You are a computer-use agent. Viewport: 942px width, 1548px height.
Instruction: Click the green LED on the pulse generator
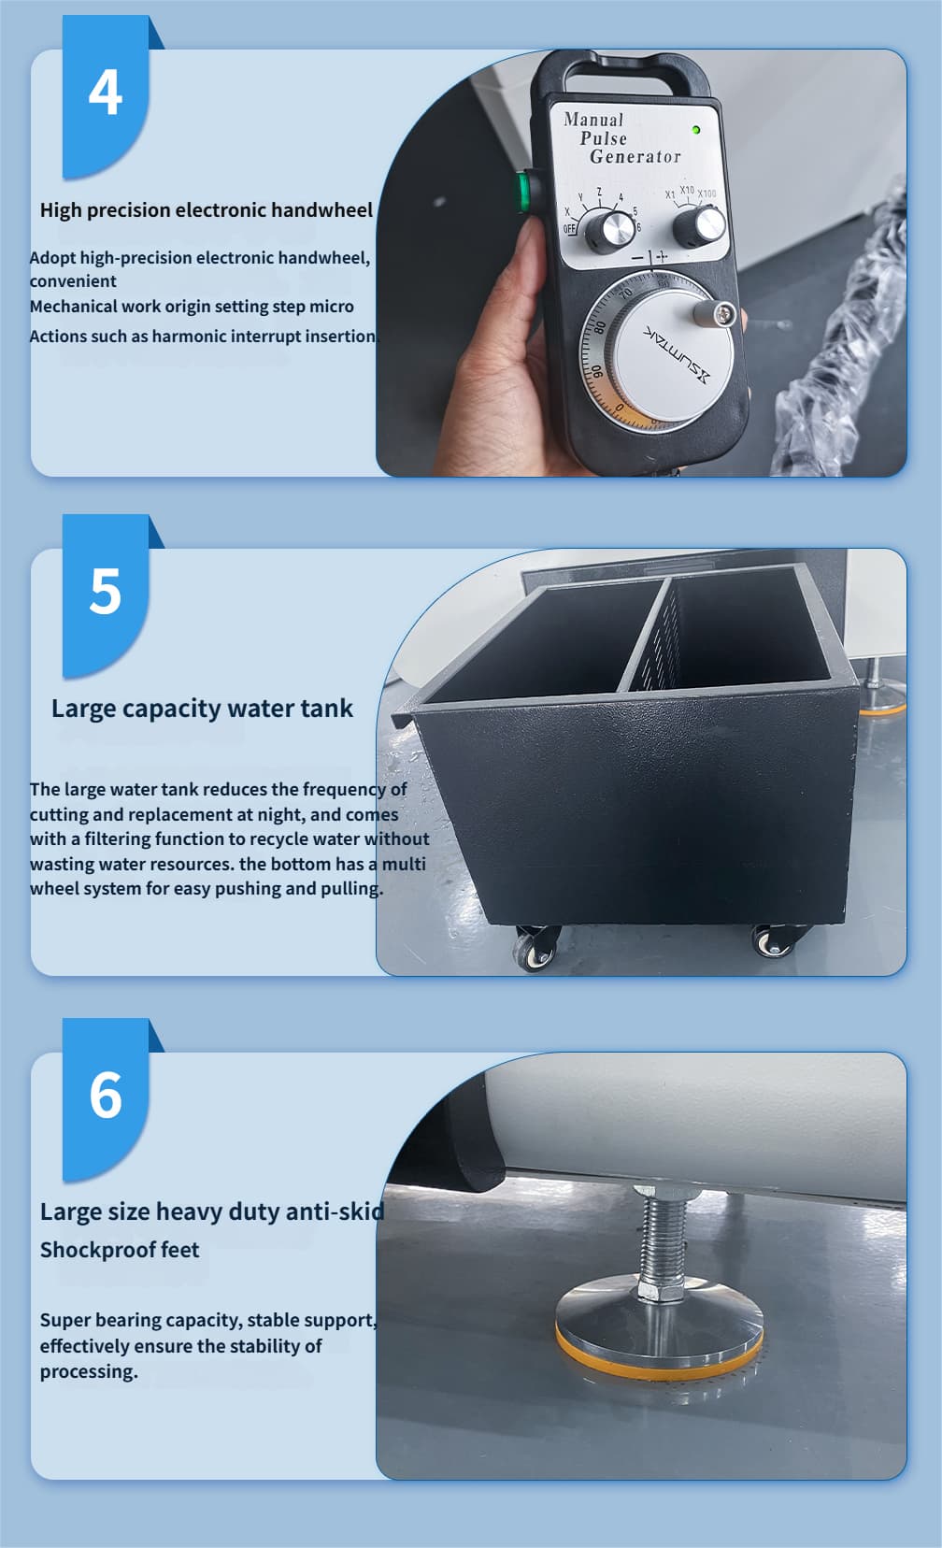pos(696,129)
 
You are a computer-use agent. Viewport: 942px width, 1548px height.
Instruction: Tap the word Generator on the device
pos(635,157)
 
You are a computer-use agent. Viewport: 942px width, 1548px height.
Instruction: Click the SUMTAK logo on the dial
pos(676,353)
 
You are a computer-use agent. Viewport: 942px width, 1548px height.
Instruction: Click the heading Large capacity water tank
pos(202,709)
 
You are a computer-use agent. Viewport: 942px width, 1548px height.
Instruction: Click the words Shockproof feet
pos(120,1250)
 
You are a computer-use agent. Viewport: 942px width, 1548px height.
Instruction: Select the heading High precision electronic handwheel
pos(206,210)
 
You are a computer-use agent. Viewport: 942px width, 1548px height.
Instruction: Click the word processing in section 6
pos(89,1371)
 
